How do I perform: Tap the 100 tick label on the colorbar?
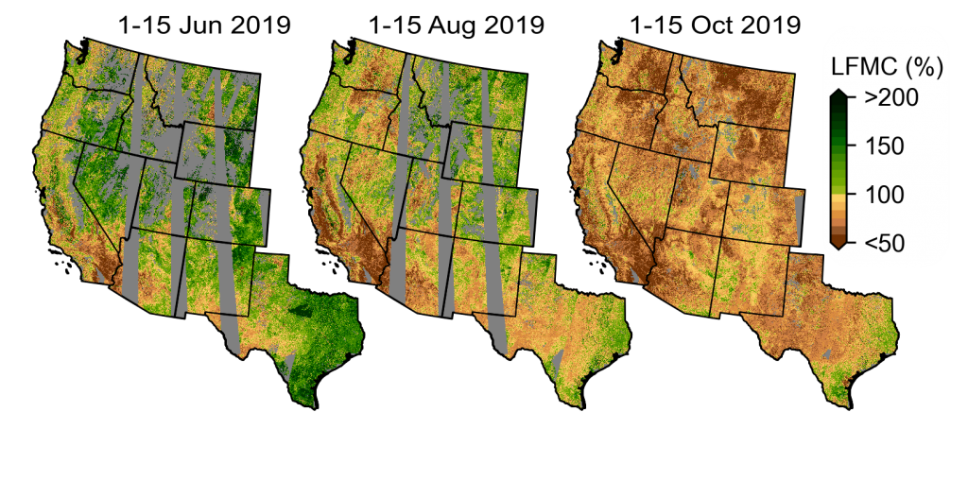885,195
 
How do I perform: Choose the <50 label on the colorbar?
885,244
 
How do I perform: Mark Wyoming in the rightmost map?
752,151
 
